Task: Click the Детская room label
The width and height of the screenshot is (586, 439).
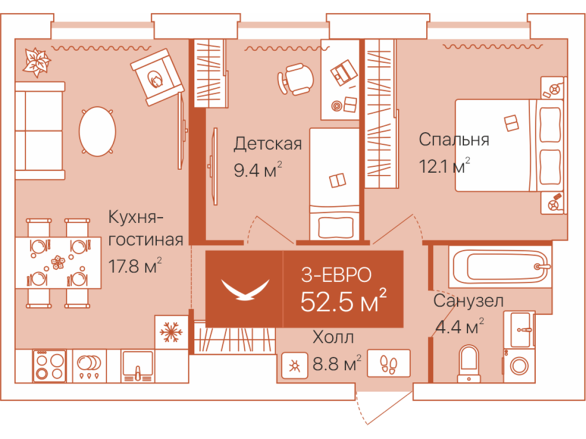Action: click(x=267, y=144)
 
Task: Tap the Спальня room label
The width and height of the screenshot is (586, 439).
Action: click(x=454, y=140)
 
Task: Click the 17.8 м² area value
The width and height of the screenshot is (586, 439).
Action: click(x=135, y=267)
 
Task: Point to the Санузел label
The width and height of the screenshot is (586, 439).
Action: click(x=468, y=301)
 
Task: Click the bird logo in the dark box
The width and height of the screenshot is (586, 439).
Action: click(x=245, y=289)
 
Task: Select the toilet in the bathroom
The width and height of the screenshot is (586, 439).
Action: click(x=469, y=363)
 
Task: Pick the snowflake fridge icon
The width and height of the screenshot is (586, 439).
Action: click(x=171, y=333)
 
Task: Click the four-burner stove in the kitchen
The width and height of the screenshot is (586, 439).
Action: click(x=49, y=366)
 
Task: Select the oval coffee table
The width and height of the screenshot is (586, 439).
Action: click(x=97, y=131)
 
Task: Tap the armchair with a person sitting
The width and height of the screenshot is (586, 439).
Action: click(x=157, y=77)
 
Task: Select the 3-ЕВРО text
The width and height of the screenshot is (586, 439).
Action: click(x=336, y=275)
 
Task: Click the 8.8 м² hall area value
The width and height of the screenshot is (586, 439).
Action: click(x=337, y=364)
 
